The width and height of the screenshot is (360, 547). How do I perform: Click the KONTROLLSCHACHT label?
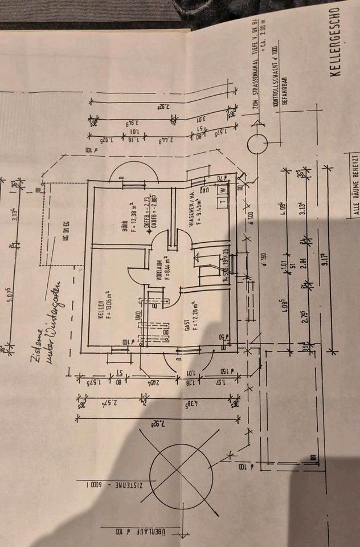[x=275, y=74]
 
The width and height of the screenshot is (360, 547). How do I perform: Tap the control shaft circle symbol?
[x=258, y=144]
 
